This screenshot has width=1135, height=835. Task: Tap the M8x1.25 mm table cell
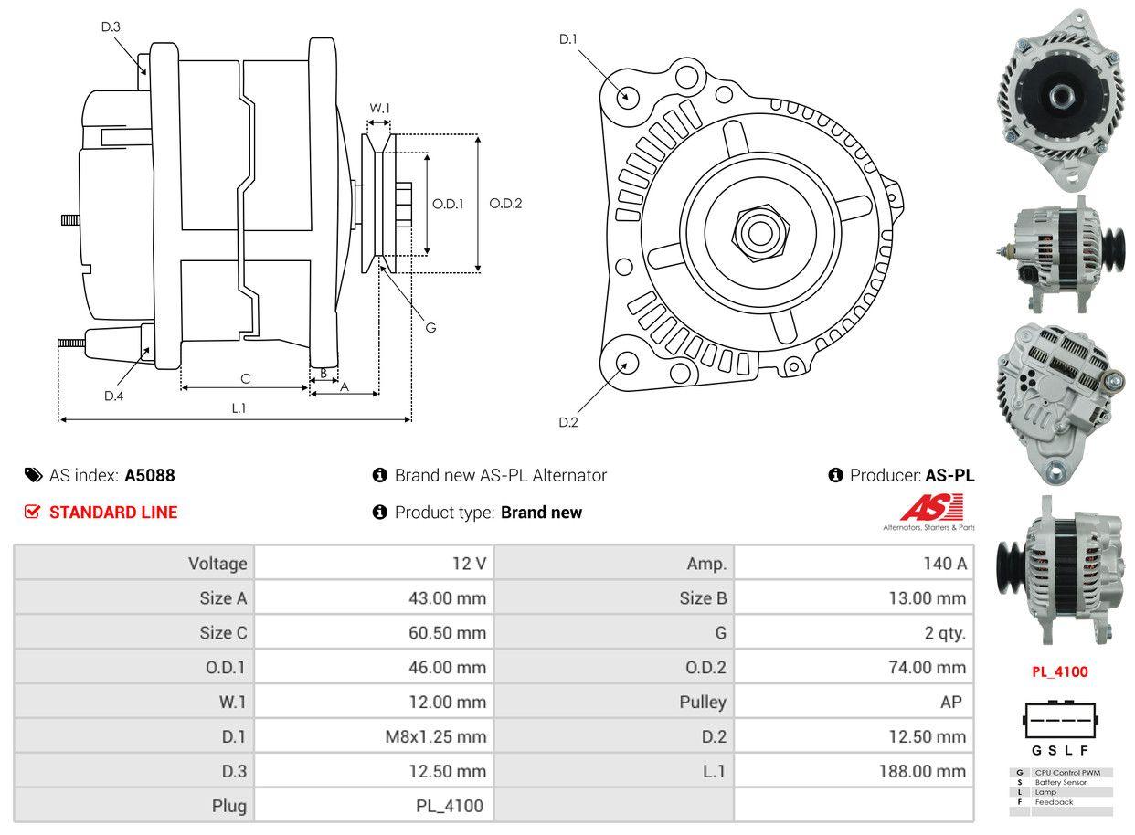435,736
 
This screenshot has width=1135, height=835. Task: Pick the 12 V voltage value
469,564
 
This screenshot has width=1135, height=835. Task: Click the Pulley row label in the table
702,702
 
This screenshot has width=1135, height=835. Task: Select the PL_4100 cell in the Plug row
449,806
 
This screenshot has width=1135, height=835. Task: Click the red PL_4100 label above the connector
1060,672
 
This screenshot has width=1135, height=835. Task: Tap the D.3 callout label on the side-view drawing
111,27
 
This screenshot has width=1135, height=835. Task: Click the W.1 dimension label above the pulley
379,109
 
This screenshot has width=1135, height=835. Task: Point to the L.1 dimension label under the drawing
239,408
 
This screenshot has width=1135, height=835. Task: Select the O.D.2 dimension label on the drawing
505,204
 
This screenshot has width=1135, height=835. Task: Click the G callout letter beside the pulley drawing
430,327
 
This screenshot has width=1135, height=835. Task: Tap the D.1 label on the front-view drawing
568,39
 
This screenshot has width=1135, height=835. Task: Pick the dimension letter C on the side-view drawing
245,378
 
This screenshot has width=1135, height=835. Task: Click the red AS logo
931,507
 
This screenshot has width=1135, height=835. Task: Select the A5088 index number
150,475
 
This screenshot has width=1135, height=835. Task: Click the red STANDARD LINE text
113,513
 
